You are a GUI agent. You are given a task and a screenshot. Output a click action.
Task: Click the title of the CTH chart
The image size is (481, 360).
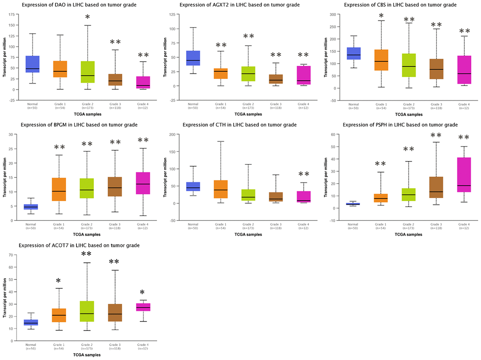point(239,125)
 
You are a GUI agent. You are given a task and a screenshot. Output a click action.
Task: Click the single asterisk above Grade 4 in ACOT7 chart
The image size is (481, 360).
point(142,293)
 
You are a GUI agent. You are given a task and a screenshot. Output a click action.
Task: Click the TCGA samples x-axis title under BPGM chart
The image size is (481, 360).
point(87,235)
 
